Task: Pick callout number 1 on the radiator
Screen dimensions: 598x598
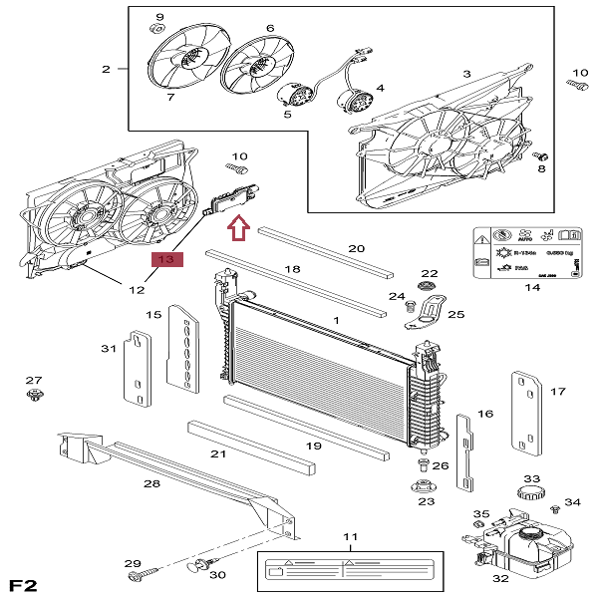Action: click(336, 319)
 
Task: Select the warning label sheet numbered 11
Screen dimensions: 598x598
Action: click(349, 574)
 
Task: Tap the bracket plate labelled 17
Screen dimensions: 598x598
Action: click(525, 409)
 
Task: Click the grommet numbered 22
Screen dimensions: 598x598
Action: click(429, 289)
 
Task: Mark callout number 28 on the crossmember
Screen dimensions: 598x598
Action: click(151, 483)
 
